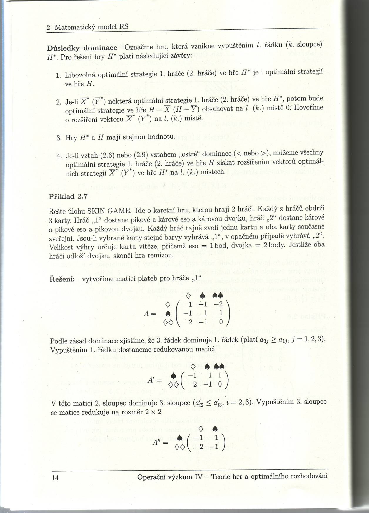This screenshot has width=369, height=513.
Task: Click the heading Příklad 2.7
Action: click(x=68, y=197)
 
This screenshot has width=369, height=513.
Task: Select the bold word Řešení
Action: click(x=62, y=279)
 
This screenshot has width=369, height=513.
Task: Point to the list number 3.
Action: click(x=58, y=138)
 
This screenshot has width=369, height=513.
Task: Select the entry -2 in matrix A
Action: click(x=219, y=304)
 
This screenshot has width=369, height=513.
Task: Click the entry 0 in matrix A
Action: click(x=221, y=322)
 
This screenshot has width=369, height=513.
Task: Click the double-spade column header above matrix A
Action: click(x=219, y=295)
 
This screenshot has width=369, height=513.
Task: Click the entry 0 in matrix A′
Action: click(x=219, y=385)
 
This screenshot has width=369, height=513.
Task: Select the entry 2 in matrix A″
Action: click(x=201, y=447)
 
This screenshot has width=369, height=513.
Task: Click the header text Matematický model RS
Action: click(x=91, y=27)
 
